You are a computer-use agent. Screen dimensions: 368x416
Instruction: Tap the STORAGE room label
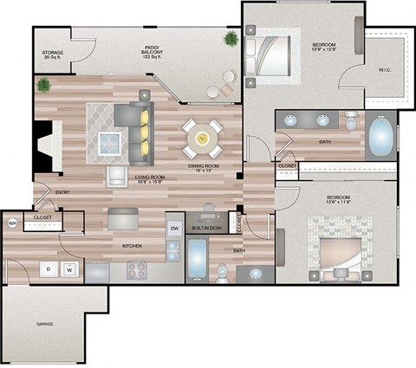coord(53,56)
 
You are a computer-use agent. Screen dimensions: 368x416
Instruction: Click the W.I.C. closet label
coord(385,71)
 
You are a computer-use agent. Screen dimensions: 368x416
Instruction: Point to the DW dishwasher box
coord(174,229)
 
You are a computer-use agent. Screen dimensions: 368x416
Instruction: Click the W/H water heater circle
coord(13,224)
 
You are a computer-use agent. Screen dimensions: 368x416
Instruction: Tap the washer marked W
coord(69,269)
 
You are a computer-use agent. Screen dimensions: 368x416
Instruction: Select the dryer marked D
coord(49,269)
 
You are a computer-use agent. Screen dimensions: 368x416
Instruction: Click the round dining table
coord(202,137)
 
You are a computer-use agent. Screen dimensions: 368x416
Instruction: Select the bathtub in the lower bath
coord(197,256)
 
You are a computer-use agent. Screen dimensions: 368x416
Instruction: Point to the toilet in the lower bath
coord(223,274)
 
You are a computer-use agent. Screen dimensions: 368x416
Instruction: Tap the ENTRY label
coord(62,192)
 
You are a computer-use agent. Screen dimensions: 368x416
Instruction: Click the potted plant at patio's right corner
coord(231,39)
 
